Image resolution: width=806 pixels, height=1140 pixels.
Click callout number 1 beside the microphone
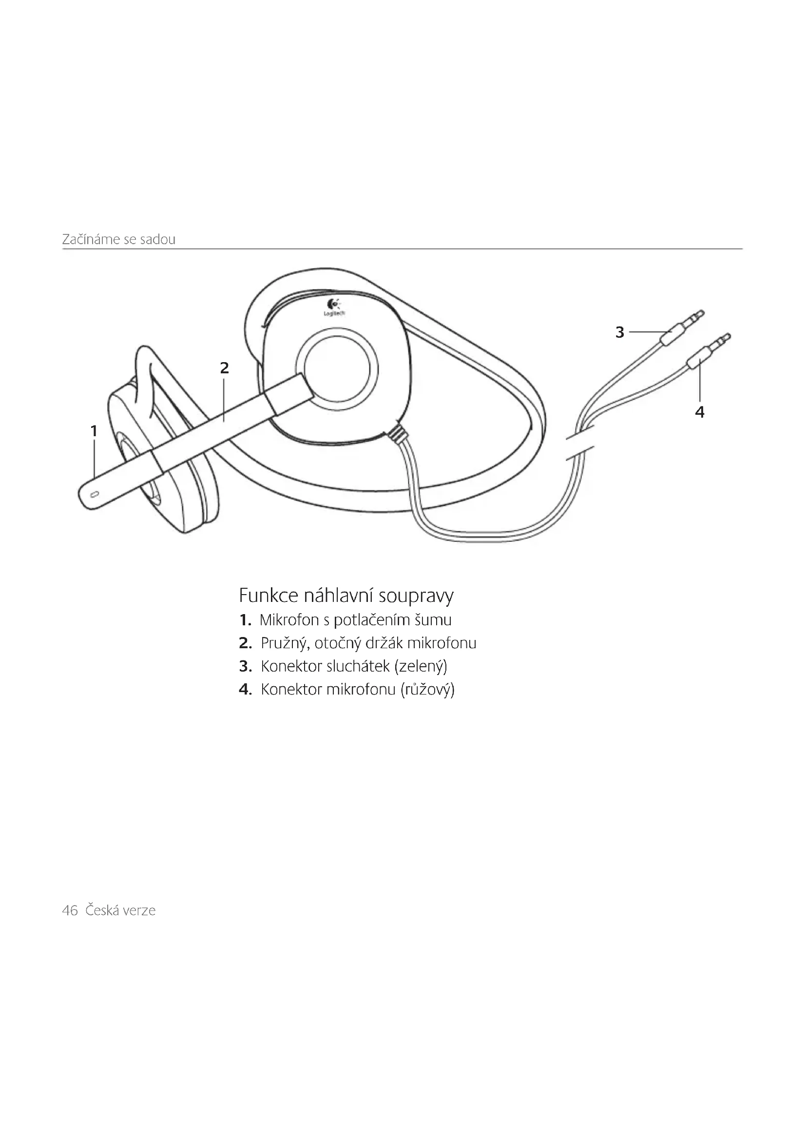pos(94,430)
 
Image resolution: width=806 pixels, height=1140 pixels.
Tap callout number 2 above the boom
pos(224,368)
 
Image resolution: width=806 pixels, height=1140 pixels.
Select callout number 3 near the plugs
pos(619,332)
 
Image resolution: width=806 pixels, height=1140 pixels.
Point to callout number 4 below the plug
pos(700,412)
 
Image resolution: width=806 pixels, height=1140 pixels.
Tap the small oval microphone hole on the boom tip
pos(96,494)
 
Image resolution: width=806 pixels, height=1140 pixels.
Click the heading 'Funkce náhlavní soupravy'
pos(346,595)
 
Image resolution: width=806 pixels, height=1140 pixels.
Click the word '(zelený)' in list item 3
pos(421,666)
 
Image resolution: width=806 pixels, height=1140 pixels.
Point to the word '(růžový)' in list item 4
pos(427,690)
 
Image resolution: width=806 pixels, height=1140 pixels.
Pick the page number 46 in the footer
pos(70,910)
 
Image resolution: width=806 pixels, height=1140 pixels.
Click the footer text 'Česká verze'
pos(120,910)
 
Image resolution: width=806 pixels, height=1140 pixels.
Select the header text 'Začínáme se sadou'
pos(118,239)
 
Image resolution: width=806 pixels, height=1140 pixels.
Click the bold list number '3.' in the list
pos(246,666)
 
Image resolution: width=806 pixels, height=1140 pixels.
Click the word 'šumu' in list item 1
pos(435,620)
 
